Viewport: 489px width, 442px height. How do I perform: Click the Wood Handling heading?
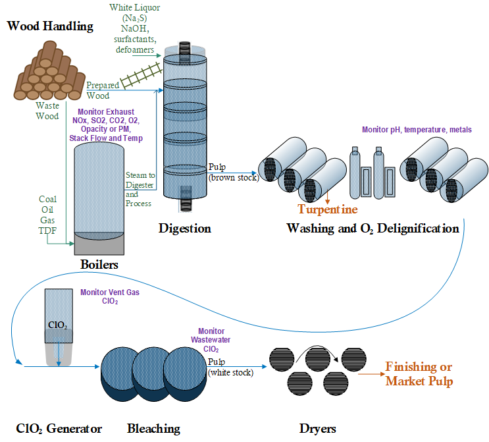[50, 26]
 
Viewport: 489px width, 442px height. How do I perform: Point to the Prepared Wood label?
[103, 90]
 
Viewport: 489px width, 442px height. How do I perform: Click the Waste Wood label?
[47, 111]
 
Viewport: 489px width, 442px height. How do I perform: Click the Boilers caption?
[99, 264]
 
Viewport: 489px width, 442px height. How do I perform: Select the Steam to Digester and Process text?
[140, 189]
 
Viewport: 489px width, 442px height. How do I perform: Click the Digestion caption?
[185, 229]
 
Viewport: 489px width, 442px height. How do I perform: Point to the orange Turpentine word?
[328, 209]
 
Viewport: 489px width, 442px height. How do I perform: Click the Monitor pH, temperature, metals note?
[417, 130]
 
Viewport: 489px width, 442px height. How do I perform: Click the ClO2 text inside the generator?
[58, 324]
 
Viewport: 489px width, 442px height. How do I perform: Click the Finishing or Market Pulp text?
[419, 374]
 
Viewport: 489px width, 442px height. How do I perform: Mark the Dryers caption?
[317, 429]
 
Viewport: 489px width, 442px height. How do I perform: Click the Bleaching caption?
[153, 429]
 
